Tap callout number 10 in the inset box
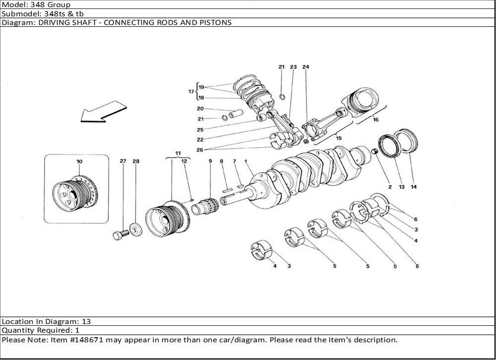[79, 162]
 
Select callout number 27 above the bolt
[123, 161]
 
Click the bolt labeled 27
[120, 235]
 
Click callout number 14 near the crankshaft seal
[414, 187]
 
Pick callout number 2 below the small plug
[390, 187]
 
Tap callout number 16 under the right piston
[375, 120]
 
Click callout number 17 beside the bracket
[191, 91]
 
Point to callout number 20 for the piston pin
[200, 109]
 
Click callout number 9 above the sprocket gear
[210, 161]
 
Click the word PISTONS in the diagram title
[215, 23]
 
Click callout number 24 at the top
[306, 67]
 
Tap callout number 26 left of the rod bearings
[200, 150]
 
